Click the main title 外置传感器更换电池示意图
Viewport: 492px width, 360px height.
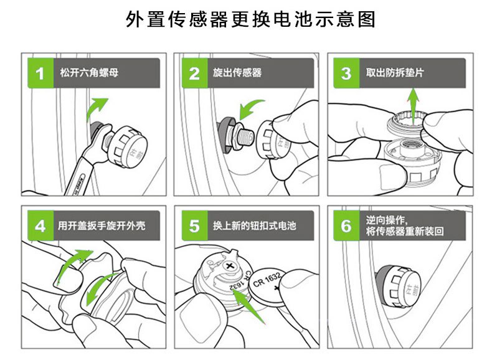click(x=245, y=20)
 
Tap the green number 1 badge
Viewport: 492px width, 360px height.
click(x=40, y=73)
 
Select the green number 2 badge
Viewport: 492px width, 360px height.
click(x=194, y=73)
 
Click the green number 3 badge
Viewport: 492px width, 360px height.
click(x=346, y=73)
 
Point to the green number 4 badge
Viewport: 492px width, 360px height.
click(x=40, y=225)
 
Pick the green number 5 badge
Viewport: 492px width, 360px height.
click(x=194, y=225)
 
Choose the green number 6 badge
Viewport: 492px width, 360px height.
click(x=346, y=225)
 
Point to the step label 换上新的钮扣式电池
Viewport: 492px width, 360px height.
click(x=254, y=225)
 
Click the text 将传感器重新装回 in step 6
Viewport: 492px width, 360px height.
click(x=405, y=232)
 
